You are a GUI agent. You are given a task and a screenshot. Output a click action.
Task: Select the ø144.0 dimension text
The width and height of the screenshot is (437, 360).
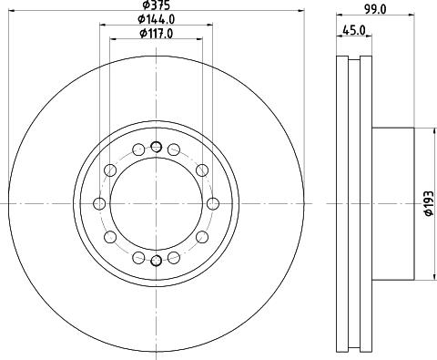coord(156,20)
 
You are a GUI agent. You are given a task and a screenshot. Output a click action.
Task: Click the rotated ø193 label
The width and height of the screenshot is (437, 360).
coord(426,203)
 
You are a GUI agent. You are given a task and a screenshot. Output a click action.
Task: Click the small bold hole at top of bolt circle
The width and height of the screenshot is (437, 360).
coord(156,147)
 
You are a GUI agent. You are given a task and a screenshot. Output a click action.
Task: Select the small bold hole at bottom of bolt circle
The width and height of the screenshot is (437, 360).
coord(156,262)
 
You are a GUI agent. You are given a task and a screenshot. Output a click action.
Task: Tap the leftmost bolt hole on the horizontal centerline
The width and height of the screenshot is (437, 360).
coord(97,203)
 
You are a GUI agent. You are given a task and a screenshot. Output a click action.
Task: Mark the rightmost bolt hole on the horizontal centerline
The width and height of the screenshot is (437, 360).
coord(213,203)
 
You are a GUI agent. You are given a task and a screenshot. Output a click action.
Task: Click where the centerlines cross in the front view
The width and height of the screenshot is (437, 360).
coord(156,203)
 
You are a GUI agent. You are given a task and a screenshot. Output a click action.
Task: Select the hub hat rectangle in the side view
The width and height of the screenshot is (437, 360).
coord(391,203)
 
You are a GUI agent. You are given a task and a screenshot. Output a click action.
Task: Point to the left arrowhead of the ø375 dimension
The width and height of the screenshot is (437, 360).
coord(11,14)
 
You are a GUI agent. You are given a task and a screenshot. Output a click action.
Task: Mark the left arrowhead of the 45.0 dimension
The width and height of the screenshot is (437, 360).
coord(340,36)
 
